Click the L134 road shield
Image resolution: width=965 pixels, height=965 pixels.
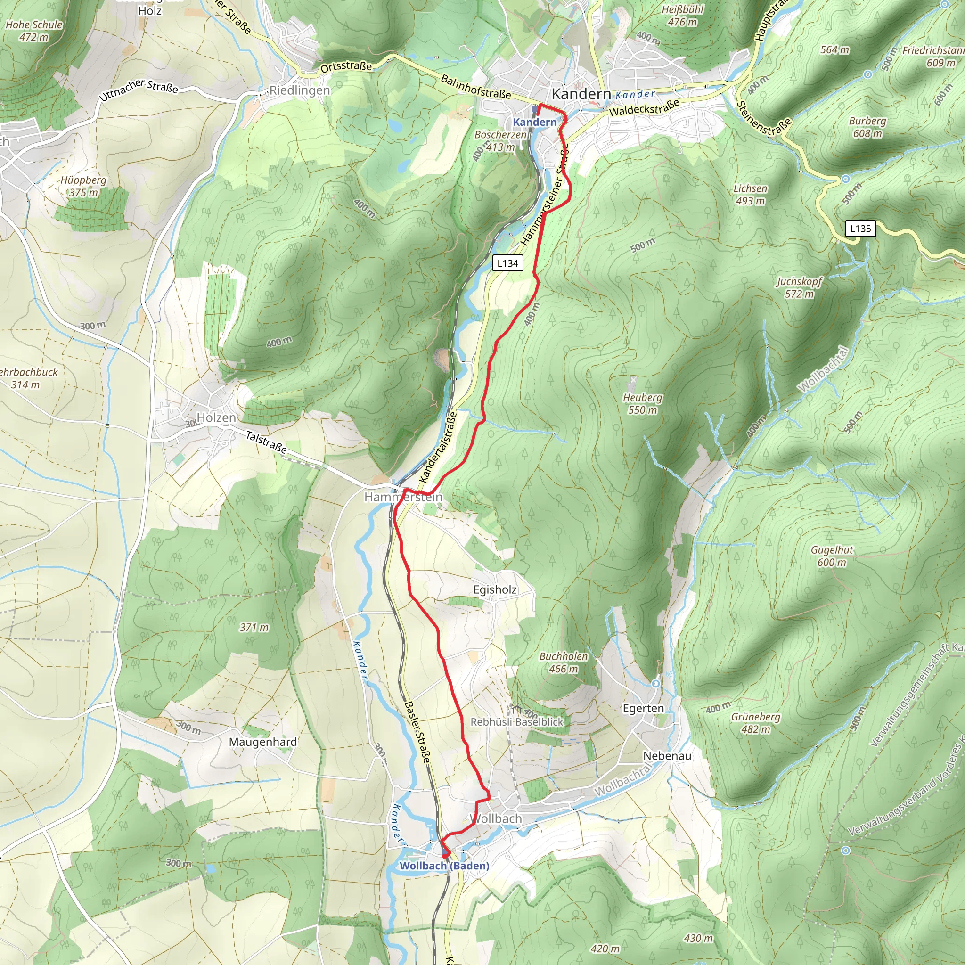pyautogui.click(x=507, y=263)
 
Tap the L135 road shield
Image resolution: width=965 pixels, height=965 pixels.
pyautogui.click(x=860, y=229)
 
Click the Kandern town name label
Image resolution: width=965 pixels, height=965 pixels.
pyautogui.click(x=581, y=94)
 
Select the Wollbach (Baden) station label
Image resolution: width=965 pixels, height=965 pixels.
pyautogui.click(x=444, y=866)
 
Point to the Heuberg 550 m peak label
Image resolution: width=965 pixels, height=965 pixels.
pyautogui.click(x=642, y=404)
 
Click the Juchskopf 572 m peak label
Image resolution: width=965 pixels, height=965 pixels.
pyautogui.click(x=799, y=288)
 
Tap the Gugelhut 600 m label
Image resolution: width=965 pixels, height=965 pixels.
pyautogui.click(x=832, y=556)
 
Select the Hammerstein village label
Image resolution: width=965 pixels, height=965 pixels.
pyautogui.click(x=403, y=497)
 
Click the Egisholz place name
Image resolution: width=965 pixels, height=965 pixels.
pyautogui.click(x=494, y=589)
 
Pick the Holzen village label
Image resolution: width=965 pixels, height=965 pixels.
pyautogui.click(x=216, y=417)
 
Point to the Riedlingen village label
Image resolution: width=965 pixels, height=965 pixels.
pyautogui.click(x=300, y=90)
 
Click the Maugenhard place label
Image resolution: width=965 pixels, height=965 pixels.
pyautogui.click(x=263, y=742)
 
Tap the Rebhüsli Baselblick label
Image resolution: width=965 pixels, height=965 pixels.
pyautogui.click(x=516, y=722)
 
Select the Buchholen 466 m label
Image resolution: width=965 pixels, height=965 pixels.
pyautogui.click(x=564, y=662)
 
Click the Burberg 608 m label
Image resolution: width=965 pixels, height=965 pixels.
pyautogui.click(x=867, y=127)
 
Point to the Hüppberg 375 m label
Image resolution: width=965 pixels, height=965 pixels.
pyautogui.click(x=83, y=186)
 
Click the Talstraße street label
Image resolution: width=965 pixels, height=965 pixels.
pyautogui.click(x=266, y=442)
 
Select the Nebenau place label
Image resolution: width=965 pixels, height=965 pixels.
pyautogui.click(x=667, y=756)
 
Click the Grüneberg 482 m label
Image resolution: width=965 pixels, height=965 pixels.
pyautogui.click(x=755, y=723)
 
